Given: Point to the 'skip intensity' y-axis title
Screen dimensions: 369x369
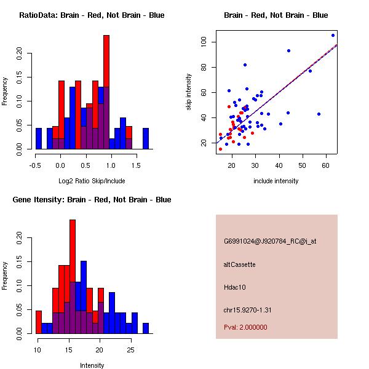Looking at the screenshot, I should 189,92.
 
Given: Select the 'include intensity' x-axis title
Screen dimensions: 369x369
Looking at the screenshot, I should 276,181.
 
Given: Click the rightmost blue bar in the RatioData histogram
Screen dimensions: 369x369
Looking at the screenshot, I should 146,138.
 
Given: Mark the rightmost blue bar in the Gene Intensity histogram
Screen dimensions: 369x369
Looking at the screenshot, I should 146,328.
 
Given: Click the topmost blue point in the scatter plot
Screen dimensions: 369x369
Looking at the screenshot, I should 333,35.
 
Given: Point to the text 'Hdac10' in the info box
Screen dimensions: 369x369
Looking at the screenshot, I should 234,287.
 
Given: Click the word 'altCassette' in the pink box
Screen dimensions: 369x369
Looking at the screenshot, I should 239,264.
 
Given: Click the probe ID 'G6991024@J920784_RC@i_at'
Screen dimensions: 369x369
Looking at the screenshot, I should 270,242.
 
